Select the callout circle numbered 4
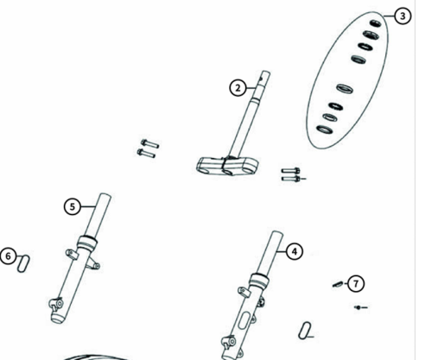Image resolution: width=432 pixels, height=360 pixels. (295, 251)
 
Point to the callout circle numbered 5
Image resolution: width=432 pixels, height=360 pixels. (73, 206)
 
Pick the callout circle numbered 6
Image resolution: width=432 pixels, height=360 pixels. (8, 256)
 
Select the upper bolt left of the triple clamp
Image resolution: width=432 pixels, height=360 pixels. (148, 142)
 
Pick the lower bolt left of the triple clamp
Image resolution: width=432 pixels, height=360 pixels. (145, 154)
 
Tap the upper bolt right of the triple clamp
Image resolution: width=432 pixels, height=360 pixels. (289, 171)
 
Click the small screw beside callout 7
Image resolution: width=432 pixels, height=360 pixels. (339, 283)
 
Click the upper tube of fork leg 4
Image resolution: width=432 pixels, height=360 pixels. (269, 251)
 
